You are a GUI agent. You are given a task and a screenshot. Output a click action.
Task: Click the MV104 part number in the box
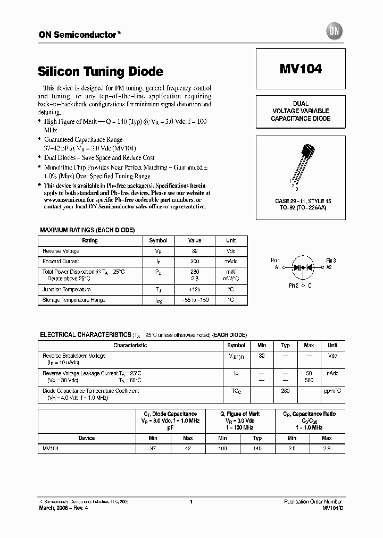tap(301, 69)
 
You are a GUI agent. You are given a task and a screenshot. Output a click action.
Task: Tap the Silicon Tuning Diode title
tap(101, 71)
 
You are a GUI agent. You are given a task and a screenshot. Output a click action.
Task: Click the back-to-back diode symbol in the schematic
tap(303, 268)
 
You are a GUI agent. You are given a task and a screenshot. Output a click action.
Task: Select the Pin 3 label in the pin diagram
tap(330, 260)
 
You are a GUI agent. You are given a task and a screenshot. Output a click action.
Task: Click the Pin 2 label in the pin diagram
tap(293, 285)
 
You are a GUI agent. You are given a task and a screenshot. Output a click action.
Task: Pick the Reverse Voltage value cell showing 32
tap(195, 251)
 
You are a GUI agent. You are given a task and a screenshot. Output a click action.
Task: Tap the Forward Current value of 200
tap(195, 262)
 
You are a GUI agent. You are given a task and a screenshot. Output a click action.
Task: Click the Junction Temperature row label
tap(66, 290)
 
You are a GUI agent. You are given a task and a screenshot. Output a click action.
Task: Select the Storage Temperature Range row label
tap(74, 300)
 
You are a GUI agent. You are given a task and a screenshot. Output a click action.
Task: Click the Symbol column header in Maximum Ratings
tap(158, 241)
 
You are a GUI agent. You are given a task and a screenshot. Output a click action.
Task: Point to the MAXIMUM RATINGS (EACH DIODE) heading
tap(87, 230)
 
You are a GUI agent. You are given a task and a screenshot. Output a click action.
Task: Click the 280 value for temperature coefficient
tap(285, 391)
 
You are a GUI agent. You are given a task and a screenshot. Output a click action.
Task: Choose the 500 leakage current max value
tap(309, 381)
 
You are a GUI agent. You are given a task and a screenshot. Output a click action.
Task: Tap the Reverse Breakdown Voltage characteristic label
tap(74, 356)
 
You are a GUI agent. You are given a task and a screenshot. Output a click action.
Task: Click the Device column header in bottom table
tap(86, 438)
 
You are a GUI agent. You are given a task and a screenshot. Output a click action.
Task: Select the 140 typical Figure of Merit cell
tap(257, 449)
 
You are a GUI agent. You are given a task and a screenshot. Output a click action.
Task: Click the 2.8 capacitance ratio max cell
tap(327, 449)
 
